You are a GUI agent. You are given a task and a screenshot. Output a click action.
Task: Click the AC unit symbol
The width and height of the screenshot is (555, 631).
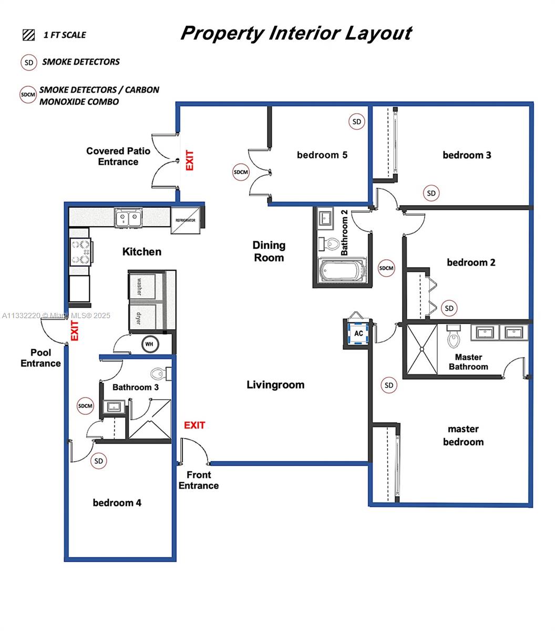(x=358, y=333)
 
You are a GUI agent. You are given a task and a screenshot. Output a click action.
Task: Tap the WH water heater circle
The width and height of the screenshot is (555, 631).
(x=149, y=344)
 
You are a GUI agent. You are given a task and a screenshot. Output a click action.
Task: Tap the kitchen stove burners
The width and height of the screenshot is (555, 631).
(x=80, y=252)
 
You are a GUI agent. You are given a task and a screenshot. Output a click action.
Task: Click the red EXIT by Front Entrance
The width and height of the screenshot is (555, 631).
(x=194, y=425)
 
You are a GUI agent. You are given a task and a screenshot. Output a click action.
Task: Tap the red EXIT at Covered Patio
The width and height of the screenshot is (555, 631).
(x=189, y=160)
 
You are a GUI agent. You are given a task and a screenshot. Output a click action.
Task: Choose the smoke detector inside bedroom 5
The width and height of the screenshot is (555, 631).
(x=357, y=121)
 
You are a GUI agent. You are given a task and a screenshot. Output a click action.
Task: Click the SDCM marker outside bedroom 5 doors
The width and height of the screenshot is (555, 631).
(x=241, y=172)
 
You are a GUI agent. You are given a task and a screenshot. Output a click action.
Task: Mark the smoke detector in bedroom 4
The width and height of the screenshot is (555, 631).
(x=98, y=461)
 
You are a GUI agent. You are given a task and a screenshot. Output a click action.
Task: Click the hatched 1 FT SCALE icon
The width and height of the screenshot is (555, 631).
(x=28, y=35)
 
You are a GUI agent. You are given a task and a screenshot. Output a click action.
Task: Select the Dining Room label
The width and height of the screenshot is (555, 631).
(x=269, y=251)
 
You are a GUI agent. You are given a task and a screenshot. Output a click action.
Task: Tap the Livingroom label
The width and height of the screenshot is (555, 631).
(x=275, y=385)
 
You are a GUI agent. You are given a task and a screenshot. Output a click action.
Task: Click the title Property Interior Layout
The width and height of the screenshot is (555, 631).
(x=296, y=33)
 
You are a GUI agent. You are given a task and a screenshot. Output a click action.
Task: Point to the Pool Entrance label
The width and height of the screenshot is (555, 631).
(x=40, y=358)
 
